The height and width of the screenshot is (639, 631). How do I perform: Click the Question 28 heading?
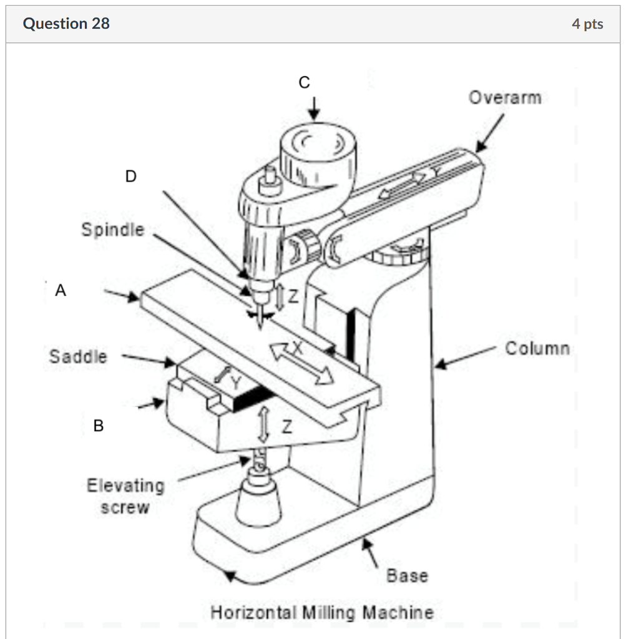click(x=66, y=24)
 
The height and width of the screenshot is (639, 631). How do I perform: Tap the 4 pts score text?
click(x=587, y=24)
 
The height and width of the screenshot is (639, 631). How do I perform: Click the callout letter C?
click(x=304, y=82)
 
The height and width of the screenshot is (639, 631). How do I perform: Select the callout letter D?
click(x=130, y=177)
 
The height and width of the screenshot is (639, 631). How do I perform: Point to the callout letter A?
click(x=60, y=290)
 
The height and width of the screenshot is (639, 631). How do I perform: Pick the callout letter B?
click(x=99, y=426)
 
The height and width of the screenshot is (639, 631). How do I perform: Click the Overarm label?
click(x=505, y=98)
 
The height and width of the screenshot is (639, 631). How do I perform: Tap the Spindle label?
click(x=112, y=230)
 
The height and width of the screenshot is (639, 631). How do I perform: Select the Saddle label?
click(x=78, y=357)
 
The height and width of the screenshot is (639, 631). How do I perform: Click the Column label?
click(x=537, y=348)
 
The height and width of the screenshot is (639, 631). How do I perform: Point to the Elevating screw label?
click(x=125, y=496)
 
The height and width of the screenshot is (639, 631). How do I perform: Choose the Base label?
click(x=407, y=575)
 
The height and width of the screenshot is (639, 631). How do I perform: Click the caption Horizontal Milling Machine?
click(x=322, y=612)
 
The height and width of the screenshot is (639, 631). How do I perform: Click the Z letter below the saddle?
click(x=286, y=427)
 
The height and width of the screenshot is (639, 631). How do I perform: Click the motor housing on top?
click(x=318, y=153)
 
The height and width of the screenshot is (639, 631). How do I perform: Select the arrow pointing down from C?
click(x=315, y=109)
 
